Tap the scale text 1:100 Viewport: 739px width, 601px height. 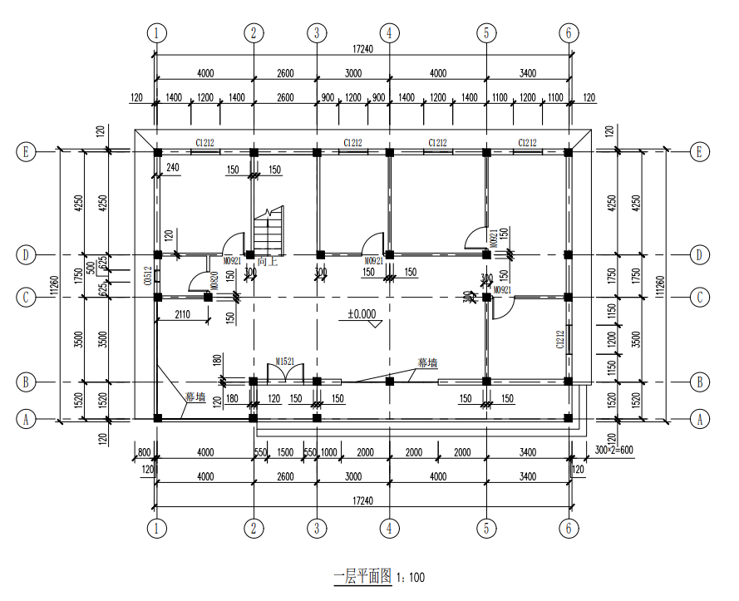pyautogui.click(x=411, y=576)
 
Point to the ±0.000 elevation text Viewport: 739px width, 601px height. pyautogui.click(x=363, y=314)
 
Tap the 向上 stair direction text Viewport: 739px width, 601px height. pyautogui.click(x=266, y=262)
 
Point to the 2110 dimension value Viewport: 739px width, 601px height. pyautogui.click(x=185, y=313)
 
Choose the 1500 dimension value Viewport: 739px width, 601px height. pyautogui.click(x=285, y=452)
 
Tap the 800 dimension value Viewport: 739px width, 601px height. pyautogui.click(x=144, y=452)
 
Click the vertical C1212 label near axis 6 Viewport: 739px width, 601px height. pyautogui.click(x=560, y=338)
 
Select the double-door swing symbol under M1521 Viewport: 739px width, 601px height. pyautogui.click(x=285, y=374)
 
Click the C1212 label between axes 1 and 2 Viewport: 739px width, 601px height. pyautogui.click(x=206, y=143)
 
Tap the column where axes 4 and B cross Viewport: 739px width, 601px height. pyautogui.click(x=389, y=382)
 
